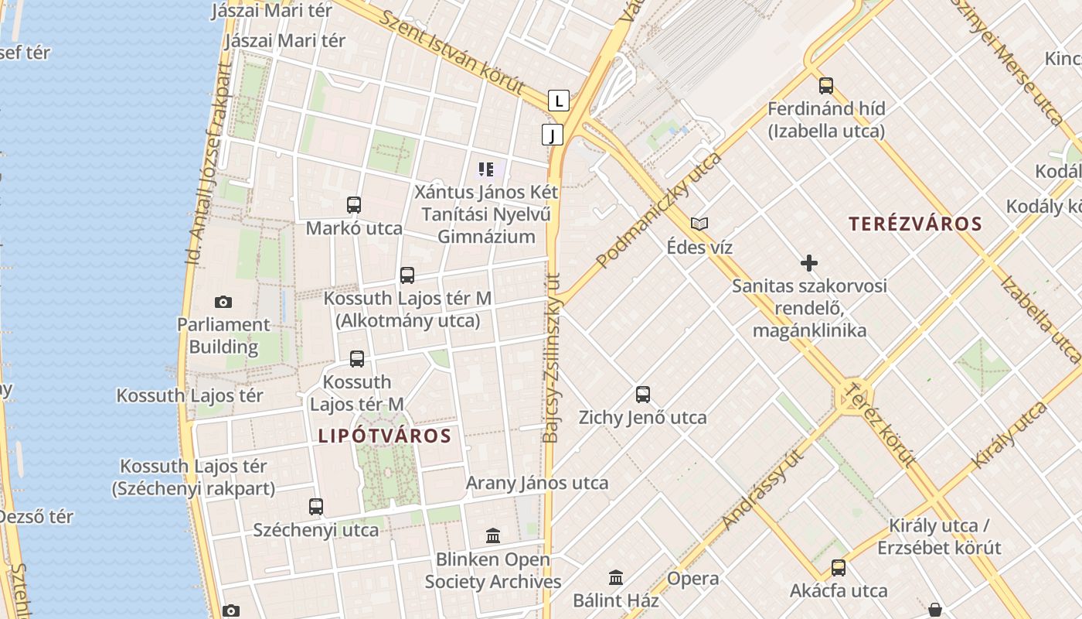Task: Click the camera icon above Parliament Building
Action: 223,302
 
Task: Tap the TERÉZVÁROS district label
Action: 915,224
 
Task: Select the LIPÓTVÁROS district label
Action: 384,436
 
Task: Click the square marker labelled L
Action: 559,101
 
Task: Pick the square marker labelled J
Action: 552,135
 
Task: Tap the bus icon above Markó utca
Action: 354,205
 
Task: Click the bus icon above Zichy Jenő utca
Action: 643,395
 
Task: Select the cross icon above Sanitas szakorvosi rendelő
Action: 809,263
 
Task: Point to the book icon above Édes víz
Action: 699,224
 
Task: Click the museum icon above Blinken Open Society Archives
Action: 493,535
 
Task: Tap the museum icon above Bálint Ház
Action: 616,577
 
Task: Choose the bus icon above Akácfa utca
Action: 839,568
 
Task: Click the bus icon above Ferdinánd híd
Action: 826,86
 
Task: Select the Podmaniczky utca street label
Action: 659,210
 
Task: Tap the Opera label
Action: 692,579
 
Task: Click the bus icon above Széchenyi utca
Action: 316,507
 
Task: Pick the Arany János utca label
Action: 537,484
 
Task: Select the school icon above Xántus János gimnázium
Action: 486,169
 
